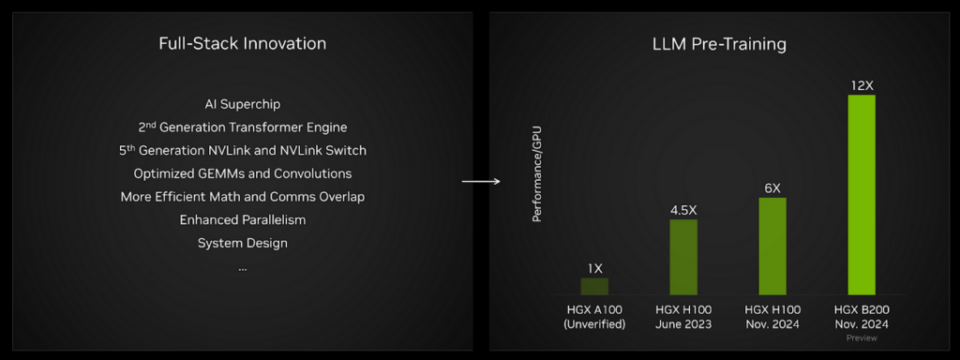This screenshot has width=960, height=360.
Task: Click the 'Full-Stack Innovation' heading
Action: coord(242,44)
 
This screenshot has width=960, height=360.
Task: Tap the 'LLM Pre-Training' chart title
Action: coord(719,44)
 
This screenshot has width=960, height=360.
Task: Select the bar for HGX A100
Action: coord(594,286)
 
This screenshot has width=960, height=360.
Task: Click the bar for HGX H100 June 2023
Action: coord(683,257)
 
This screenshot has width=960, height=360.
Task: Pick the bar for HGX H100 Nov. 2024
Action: coord(772,246)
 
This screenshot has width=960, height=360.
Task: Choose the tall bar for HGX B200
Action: coord(862,194)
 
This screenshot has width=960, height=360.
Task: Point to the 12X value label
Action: coord(862,85)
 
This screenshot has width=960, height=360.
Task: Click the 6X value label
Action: coord(772,187)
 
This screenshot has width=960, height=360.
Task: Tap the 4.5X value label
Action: coord(683,210)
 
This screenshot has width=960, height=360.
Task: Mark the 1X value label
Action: coord(594,268)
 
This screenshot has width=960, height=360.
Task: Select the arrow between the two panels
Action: coord(480,181)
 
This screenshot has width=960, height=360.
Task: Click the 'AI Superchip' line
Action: coord(242,104)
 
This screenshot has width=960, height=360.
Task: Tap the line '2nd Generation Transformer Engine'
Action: coord(242,127)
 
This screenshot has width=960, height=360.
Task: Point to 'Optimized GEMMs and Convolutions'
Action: coord(242,173)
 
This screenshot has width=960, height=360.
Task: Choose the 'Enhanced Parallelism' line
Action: coord(242,219)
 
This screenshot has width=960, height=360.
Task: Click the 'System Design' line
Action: coord(242,243)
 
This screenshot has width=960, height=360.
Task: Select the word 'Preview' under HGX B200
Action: coord(862,338)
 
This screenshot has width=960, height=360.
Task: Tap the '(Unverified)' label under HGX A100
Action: coord(594,324)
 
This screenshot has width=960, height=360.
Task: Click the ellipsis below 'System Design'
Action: coord(242,269)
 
